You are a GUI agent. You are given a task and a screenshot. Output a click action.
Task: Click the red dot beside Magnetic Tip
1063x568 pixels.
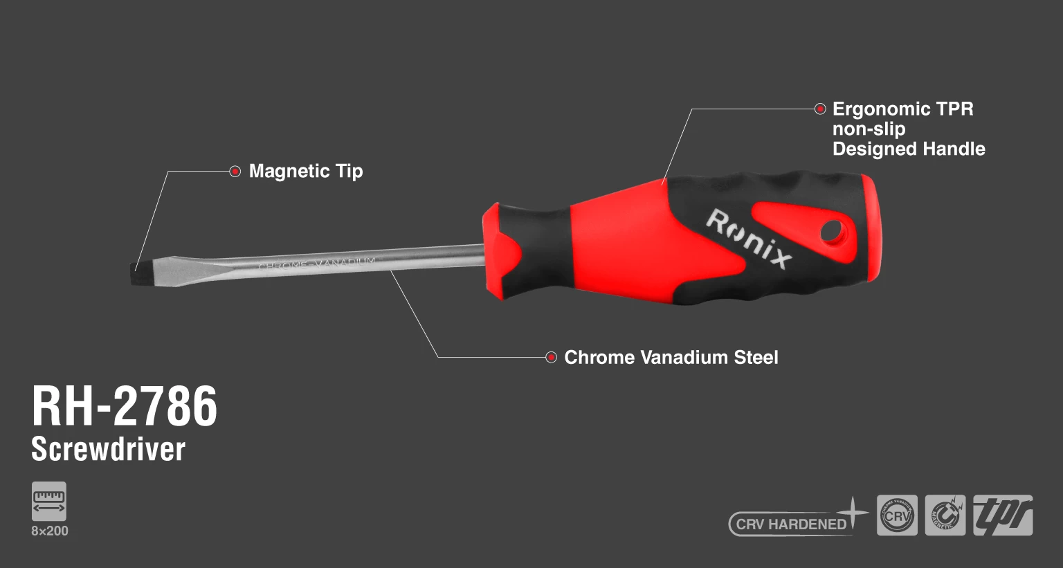235,171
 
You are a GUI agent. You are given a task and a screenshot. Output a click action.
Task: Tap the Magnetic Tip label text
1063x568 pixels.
306,171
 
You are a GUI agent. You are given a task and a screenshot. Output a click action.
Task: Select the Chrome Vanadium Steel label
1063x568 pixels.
671,357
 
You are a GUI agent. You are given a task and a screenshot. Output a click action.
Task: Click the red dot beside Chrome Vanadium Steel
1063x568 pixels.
551,357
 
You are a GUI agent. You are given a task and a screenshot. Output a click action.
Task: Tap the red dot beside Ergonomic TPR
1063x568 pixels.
820,109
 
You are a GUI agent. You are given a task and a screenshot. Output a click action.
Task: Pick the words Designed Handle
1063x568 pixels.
908,149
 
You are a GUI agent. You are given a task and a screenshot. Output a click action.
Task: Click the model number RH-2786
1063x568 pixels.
125,406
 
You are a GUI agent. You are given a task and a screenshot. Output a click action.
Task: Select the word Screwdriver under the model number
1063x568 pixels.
108,449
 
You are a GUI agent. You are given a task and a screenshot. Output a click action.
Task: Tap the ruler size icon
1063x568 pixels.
49,501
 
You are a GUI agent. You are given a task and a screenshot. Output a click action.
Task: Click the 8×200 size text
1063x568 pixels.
50,531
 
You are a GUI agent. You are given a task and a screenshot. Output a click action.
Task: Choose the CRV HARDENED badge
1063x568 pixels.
791,524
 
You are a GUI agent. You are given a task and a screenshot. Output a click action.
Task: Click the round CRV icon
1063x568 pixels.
897,515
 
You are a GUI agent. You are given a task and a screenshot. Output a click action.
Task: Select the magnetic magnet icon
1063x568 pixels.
945,515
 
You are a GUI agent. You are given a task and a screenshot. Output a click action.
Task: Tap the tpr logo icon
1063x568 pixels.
1003,515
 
